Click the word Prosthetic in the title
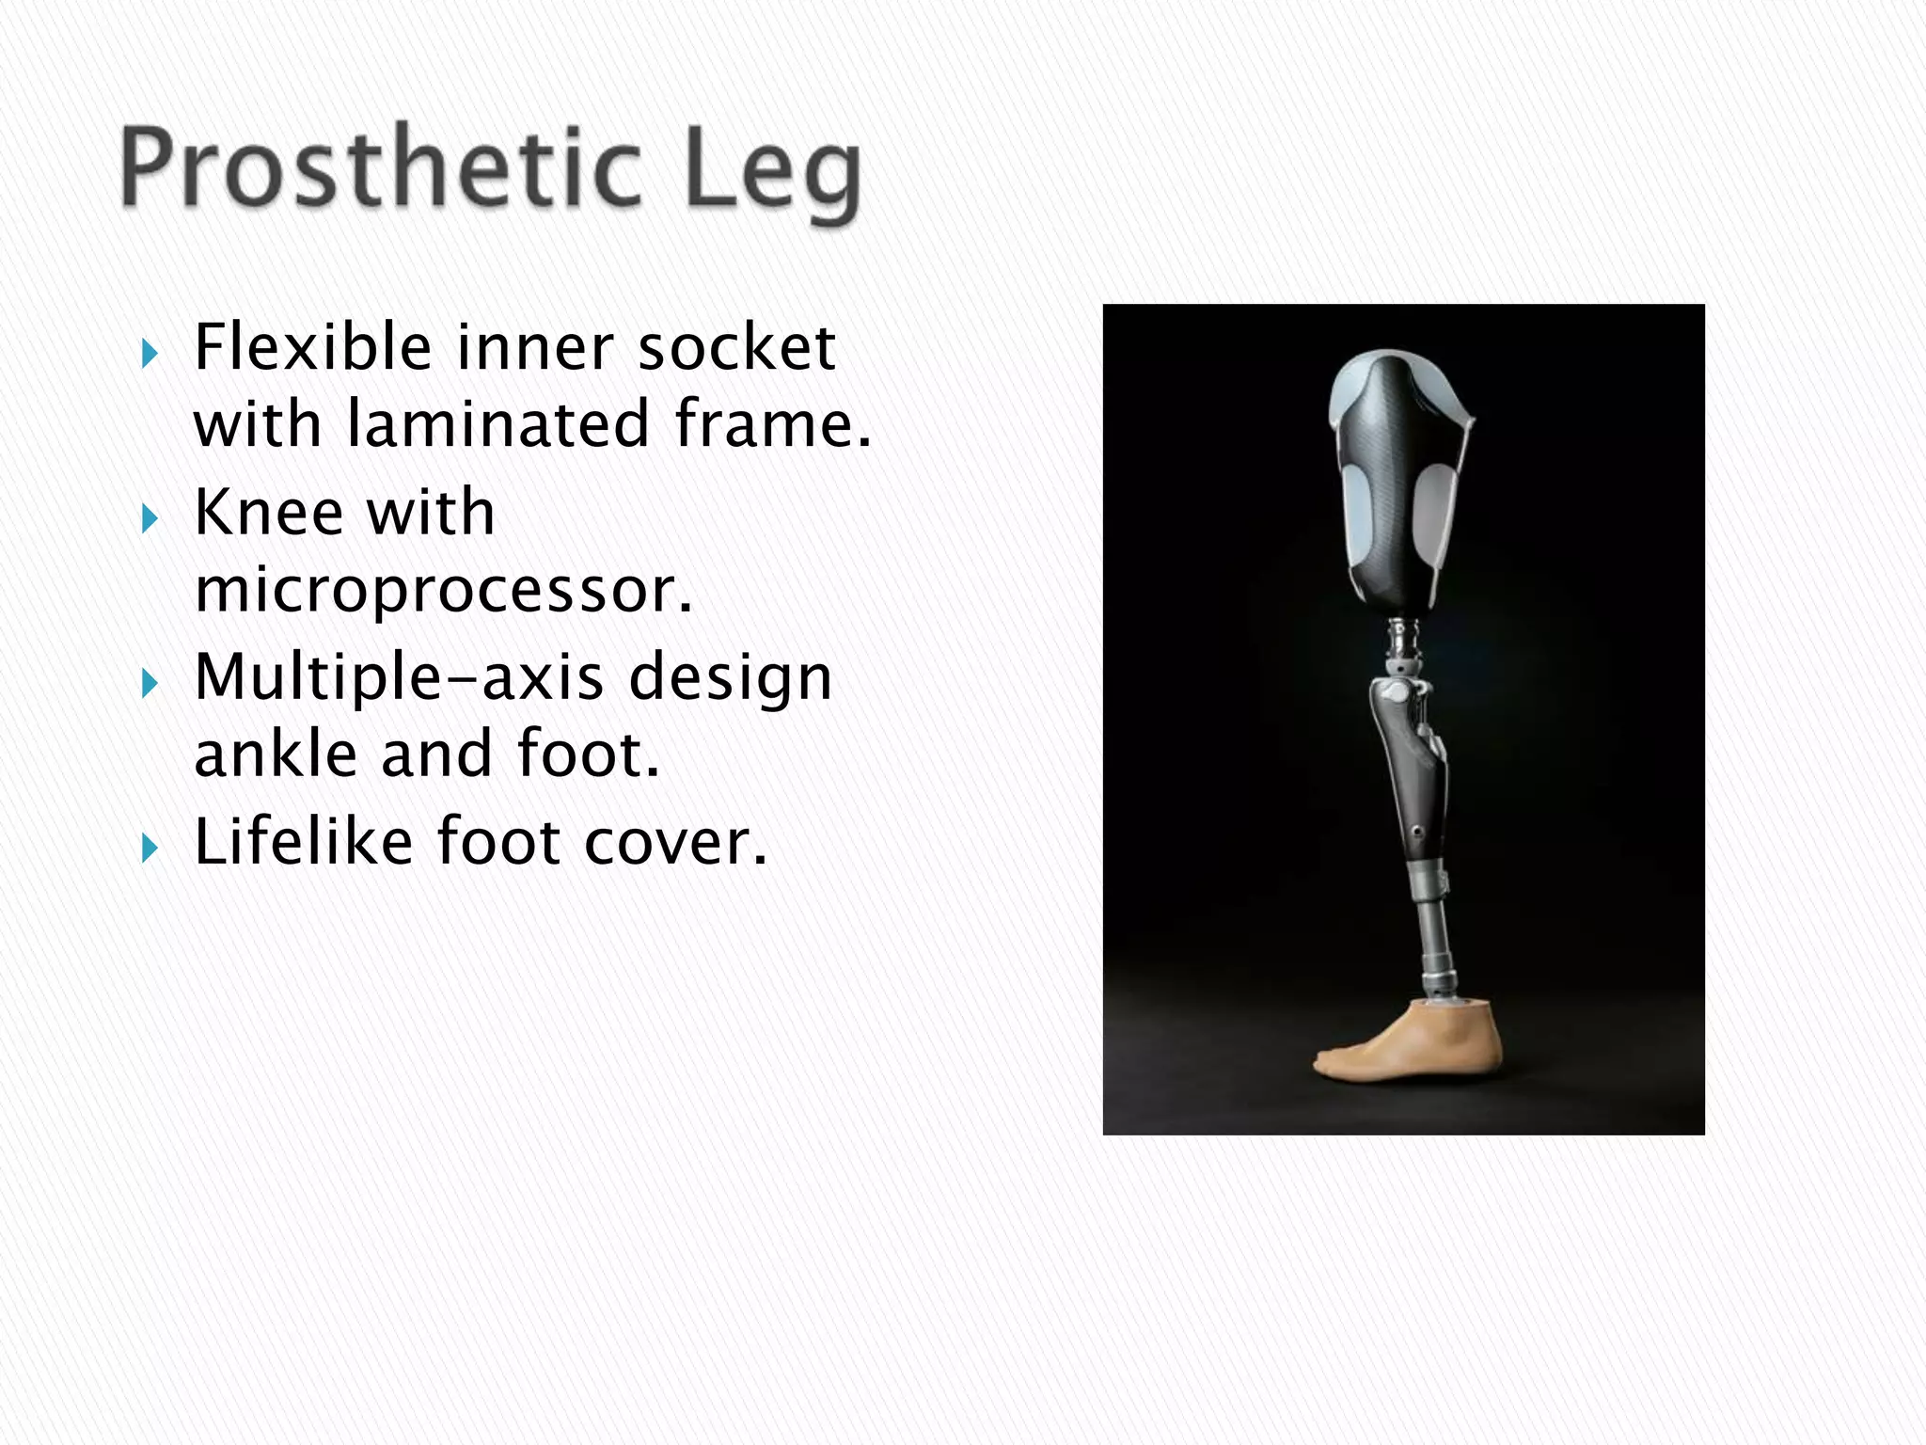380,169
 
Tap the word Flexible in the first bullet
312,347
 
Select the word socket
736,347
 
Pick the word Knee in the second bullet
269,513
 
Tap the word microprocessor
443,591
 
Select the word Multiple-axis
399,677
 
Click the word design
730,679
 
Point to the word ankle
276,754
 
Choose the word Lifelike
303,841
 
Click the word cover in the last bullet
675,841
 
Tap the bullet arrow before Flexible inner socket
150,355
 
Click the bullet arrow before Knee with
150,519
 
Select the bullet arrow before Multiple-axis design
150,684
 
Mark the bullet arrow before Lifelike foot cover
150,849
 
